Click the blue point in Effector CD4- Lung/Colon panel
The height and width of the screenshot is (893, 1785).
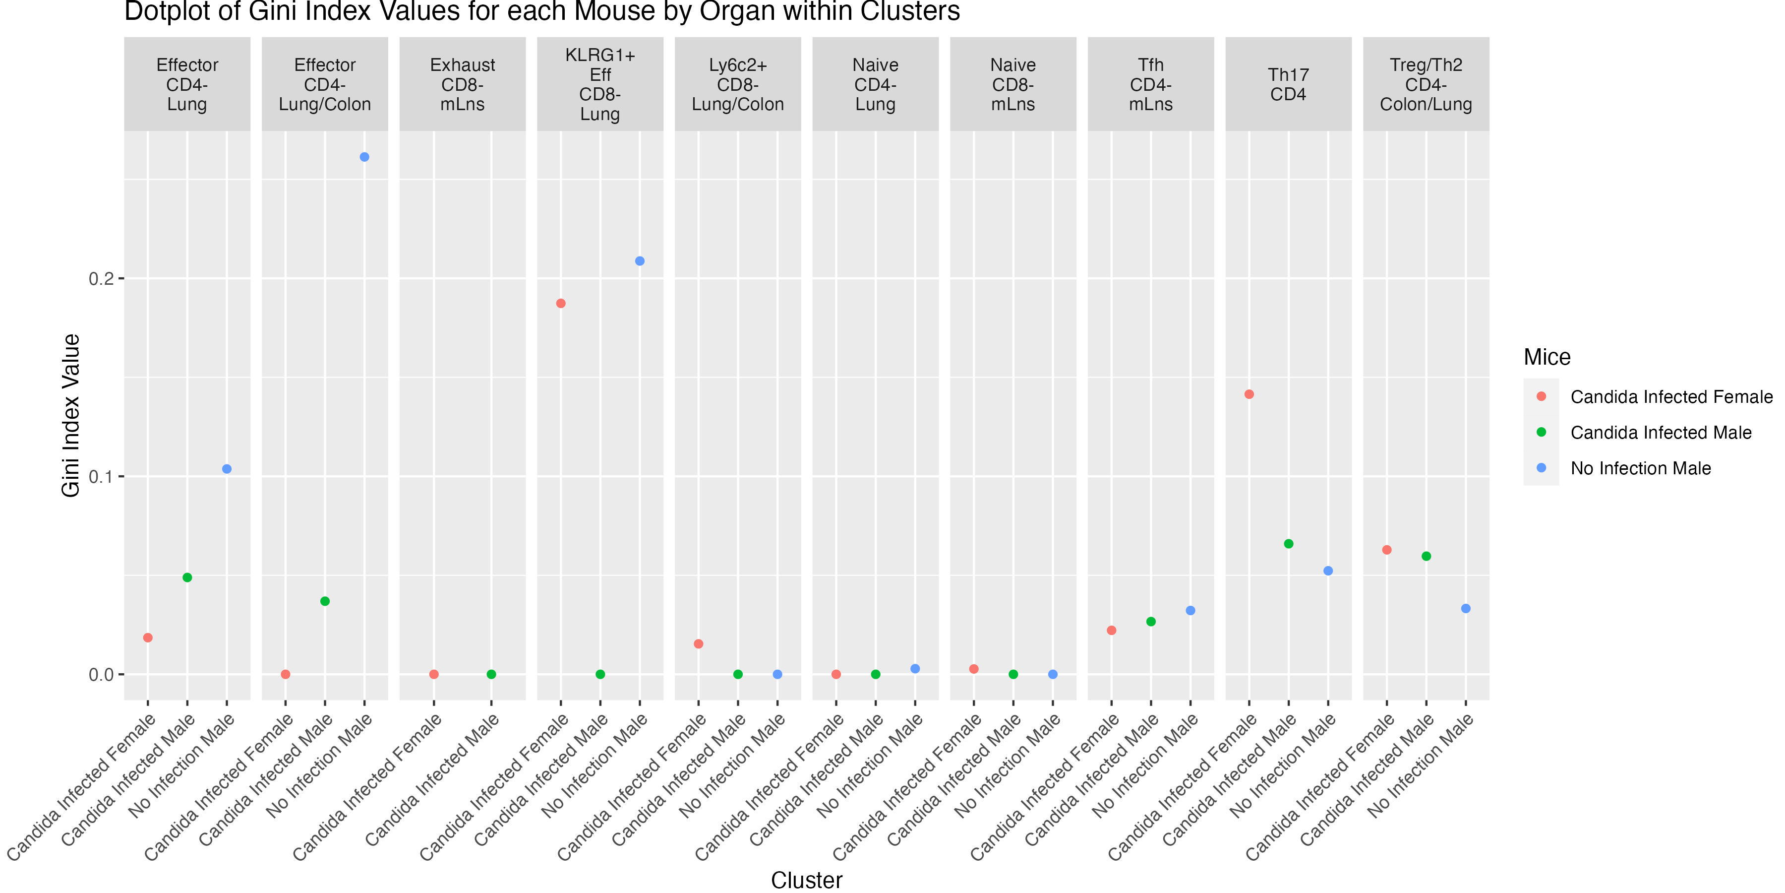click(x=364, y=157)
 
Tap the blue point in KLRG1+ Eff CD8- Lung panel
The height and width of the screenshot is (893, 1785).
click(x=640, y=261)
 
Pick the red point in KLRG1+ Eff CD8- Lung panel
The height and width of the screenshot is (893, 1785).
click(x=561, y=304)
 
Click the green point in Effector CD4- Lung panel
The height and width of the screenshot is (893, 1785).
click(x=187, y=577)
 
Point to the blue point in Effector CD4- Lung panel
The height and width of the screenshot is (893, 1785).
click(x=227, y=469)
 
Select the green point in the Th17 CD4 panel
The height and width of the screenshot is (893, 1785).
click(x=1288, y=544)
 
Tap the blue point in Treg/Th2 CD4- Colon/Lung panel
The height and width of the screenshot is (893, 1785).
click(x=1466, y=609)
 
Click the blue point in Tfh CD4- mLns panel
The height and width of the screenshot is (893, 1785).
click(x=1190, y=611)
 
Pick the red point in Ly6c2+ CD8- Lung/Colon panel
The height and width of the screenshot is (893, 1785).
click(x=699, y=644)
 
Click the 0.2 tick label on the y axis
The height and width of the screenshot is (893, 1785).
click(x=101, y=279)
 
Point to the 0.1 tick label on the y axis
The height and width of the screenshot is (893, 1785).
click(x=101, y=477)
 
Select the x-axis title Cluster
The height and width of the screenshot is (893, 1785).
click(x=807, y=880)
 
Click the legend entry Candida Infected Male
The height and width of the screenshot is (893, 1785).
click(x=1660, y=433)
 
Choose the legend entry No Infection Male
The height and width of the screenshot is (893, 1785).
click(x=1640, y=469)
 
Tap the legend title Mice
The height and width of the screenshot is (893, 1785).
click(x=1547, y=357)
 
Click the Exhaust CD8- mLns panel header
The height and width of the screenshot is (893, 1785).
click(x=462, y=84)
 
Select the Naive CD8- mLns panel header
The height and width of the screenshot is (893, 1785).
click(x=1012, y=84)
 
